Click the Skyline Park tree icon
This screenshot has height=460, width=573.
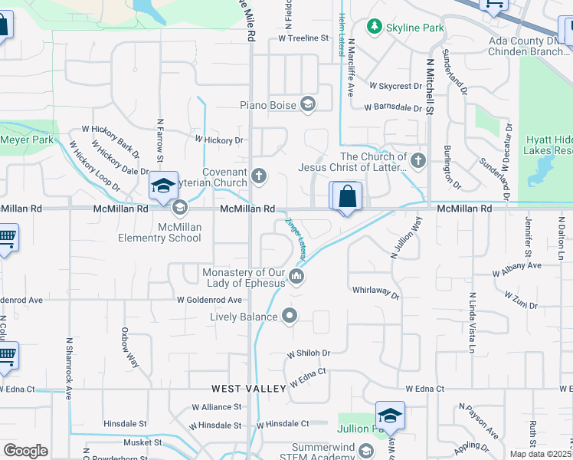374,28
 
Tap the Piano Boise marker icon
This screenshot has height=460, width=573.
308,105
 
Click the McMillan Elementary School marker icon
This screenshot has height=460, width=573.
179,207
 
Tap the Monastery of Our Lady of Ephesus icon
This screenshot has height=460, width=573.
297,278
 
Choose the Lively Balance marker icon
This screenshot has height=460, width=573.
290,316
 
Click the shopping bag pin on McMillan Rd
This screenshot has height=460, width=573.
347,196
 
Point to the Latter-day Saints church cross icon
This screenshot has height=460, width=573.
417,161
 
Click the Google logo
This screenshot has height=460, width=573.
25,451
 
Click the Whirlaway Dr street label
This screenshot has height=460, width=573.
376,291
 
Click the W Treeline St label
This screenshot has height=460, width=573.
303,37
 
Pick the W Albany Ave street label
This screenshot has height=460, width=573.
516,265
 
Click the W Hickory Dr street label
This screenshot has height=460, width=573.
218,140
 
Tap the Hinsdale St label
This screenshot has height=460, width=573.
126,423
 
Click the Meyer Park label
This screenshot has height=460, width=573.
27,140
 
